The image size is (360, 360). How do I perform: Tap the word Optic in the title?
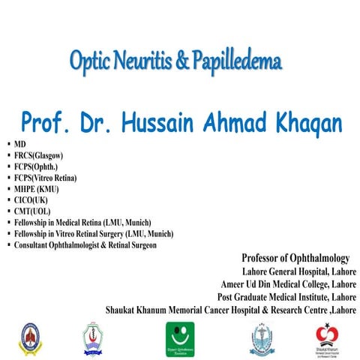point(89,61)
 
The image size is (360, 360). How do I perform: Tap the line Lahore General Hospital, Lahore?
point(298,271)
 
